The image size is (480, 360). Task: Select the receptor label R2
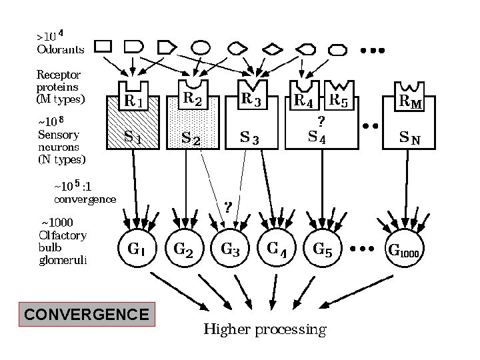(193, 99)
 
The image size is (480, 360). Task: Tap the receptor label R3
(251, 99)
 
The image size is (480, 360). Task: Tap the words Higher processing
(265, 329)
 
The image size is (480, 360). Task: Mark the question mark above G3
(227, 207)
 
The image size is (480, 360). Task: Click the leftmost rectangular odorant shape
(103, 46)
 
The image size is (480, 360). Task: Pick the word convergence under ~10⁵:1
(84, 198)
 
